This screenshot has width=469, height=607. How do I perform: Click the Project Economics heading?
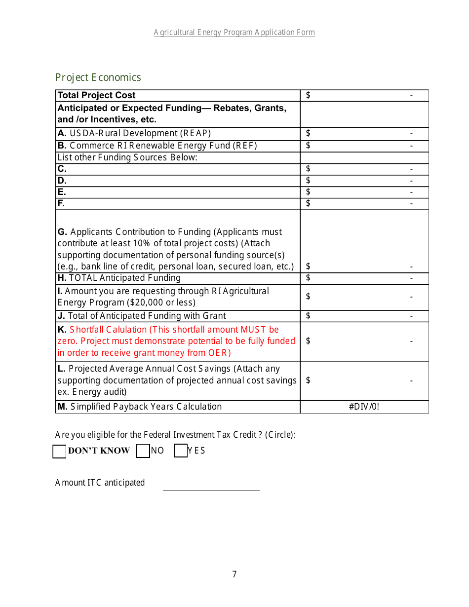(98, 77)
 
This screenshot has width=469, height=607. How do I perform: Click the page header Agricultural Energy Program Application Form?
(234, 33)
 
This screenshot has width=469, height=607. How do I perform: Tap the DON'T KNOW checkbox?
(59, 451)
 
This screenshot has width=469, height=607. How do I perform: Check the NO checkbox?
(143, 451)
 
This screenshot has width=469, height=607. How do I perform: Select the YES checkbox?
(181, 451)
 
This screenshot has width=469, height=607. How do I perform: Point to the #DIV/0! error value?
(364, 407)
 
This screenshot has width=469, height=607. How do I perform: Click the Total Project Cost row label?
(96, 95)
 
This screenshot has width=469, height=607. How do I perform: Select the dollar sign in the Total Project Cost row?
(308, 95)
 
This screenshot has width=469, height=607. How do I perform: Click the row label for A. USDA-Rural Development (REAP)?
(134, 133)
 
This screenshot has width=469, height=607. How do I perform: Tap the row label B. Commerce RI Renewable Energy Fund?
(157, 146)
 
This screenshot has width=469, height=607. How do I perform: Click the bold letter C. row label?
(62, 169)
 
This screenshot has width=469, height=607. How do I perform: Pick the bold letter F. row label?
(61, 203)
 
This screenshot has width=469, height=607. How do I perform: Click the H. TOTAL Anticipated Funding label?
(119, 278)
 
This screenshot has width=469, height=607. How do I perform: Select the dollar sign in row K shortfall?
(308, 341)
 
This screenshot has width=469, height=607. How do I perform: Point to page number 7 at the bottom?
(234, 574)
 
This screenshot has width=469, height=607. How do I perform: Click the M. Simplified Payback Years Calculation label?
(140, 407)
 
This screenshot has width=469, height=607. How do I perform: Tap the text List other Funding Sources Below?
(127, 157)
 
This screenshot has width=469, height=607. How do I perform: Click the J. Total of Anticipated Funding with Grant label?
(142, 316)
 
